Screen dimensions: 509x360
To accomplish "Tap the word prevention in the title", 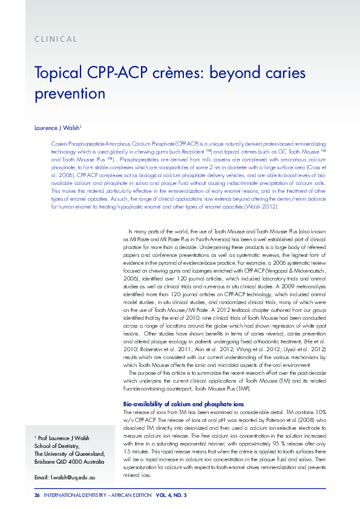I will tap(70, 94).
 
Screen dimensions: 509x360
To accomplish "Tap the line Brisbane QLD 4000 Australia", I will tap(69, 462).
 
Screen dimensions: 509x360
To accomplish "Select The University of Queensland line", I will tap(70, 454).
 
